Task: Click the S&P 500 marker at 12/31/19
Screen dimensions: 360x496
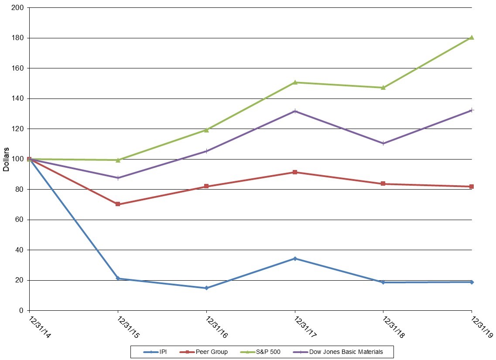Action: pyautogui.click(x=472, y=37)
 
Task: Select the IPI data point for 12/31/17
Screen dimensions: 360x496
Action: pyautogui.click(x=295, y=258)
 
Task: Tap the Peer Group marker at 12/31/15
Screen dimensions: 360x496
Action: pyautogui.click(x=118, y=204)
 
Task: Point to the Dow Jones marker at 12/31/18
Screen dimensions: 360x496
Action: pyautogui.click(x=383, y=143)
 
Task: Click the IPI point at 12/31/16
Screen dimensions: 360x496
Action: pyautogui.click(x=206, y=288)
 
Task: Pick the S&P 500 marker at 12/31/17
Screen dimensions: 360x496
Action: pyautogui.click(x=295, y=82)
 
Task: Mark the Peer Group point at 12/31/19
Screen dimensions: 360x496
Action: pyautogui.click(x=472, y=187)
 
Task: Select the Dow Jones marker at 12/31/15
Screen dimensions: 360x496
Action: pyautogui.click(x=118, y=178)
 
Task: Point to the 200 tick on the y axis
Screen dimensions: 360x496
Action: pyautogui.click(x=19, y=8)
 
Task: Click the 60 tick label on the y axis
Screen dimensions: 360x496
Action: pyautogui.click(x=21, y=220)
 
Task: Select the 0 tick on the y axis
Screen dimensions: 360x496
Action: pyautogui.click(x=22, y=310)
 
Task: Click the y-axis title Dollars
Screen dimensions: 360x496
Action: pyautogui.click(x=6, y=159)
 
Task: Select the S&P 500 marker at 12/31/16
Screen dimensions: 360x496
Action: pyautogui.click(x=206, y=130)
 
